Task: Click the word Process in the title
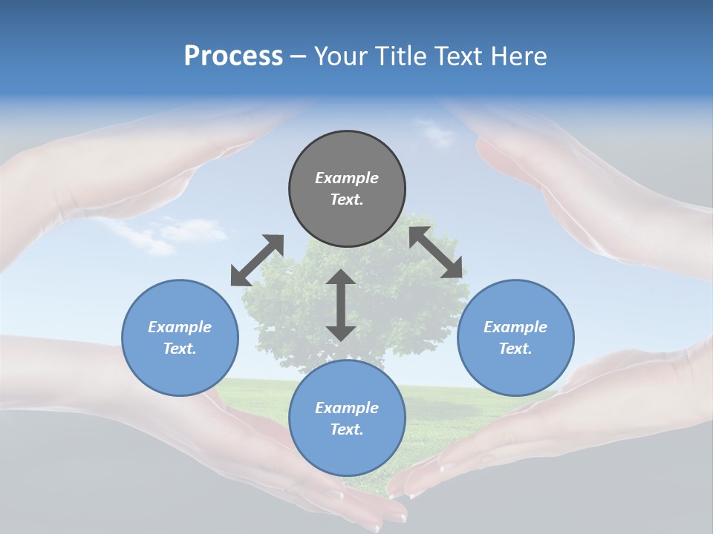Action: [233, 56]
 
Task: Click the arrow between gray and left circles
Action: [257, 260]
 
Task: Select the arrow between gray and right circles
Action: [435, 252]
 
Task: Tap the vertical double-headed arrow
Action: [341, 305]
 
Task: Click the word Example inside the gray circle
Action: [347, 178]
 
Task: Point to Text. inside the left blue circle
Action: [180, 349]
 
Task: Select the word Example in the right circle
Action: [515, 327]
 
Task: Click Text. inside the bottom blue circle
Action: [347, 429]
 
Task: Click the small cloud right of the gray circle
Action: [437, 135]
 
